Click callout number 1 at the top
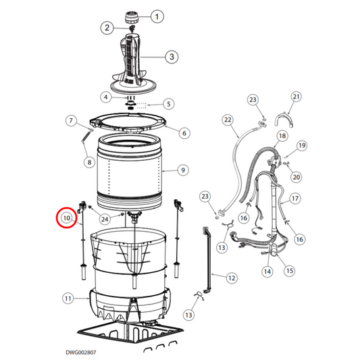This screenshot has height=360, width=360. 157,16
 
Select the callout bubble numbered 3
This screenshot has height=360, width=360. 172,57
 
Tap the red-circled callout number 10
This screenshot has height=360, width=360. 67,217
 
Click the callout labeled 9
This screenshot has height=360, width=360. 183,170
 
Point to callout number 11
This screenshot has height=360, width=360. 68,299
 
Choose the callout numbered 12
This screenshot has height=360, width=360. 232,278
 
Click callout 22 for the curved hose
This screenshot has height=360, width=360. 228,120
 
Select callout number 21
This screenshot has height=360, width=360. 297,97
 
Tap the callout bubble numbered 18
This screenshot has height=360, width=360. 282,136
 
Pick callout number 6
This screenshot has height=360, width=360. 184,133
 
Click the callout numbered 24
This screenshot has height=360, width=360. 105,219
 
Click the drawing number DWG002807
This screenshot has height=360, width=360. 81,353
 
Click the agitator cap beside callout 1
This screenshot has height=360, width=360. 132,18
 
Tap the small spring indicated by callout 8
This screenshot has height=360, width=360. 85,137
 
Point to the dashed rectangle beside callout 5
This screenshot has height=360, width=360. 142,106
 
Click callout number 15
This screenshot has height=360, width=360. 289,270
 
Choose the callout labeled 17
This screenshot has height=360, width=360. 295,199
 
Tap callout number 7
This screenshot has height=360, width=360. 71,120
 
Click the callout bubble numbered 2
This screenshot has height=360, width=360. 107,28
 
